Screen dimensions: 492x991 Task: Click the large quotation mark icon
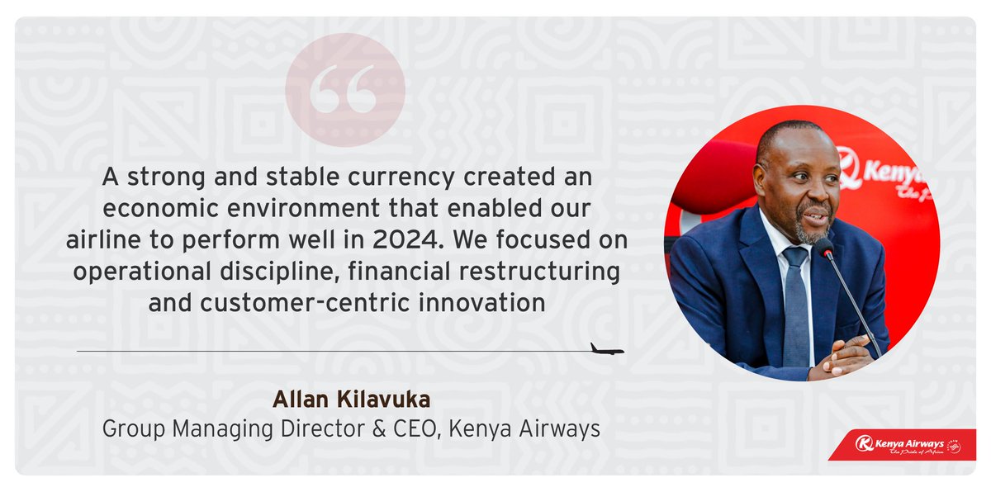[344, 90]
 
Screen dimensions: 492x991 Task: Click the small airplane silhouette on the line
[607, 348]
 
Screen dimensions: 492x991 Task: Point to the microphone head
[824, 246]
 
